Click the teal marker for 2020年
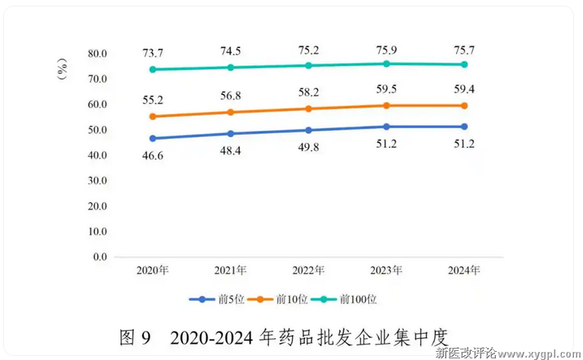[x=152, y=69]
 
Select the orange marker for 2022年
[x=308, y=108]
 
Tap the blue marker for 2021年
[x=230, y=133]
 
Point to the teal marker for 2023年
[x=386, y=63]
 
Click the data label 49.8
[x=308, y=147]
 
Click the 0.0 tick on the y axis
[x=100, y=257]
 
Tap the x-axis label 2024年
[x=464, y=270]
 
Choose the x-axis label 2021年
[x=230, y=270]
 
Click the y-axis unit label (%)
[x=63, y=72]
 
